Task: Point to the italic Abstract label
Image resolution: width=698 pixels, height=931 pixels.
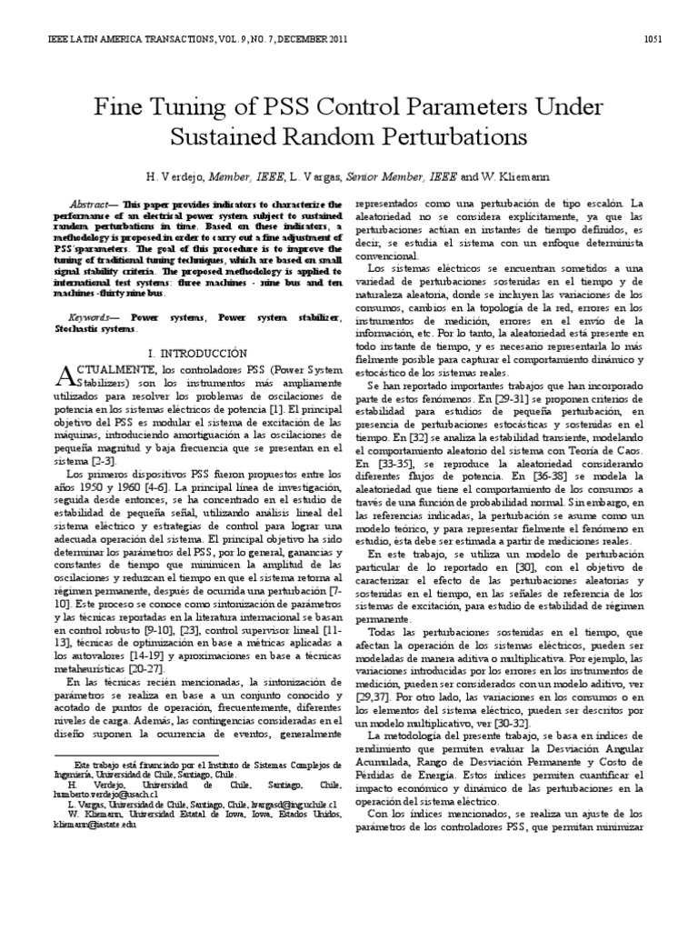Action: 92,205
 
